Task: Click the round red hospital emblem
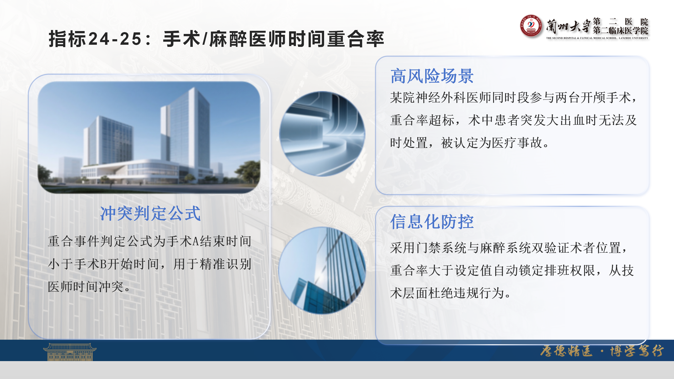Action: tap(531, 26)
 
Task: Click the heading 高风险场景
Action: tap(432, 76)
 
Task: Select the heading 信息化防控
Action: tap(432, 222)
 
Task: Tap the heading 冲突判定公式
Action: tap(150, 213)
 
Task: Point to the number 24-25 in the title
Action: tap(115, 39)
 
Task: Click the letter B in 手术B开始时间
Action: tap(103, 264)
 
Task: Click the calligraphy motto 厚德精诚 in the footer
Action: tap(566, 351)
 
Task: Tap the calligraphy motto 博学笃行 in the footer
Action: tap(637, 351)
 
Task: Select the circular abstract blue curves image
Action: tap(322, 134)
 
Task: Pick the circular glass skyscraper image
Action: tap(322, 270)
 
